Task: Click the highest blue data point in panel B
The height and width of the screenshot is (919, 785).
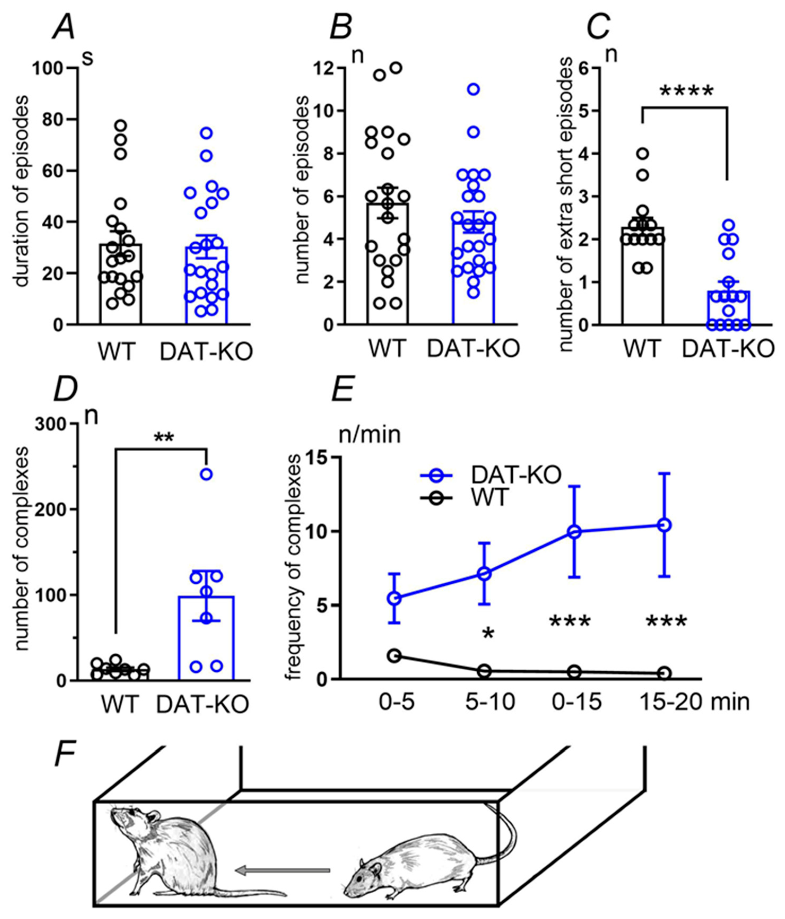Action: coord(474,89)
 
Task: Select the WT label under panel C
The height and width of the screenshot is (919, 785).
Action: coord(643,349)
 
